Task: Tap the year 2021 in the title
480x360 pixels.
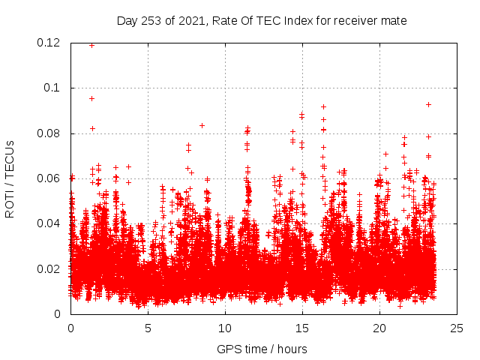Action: point(191,21)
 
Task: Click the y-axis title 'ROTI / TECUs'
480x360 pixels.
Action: point(10,178)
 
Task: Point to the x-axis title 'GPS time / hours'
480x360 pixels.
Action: point(262,349)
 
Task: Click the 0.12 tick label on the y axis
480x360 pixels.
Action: point(49,43)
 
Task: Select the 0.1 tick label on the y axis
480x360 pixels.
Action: point(53,88)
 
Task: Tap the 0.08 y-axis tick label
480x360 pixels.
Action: point(49,133)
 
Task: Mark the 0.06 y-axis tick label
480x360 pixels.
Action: point(49,178)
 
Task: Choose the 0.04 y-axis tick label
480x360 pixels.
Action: point(49,223)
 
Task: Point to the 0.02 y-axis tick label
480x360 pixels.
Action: point(49,269)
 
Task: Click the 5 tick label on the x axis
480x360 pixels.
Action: point(148,328)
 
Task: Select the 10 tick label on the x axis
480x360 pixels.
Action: point(225,328)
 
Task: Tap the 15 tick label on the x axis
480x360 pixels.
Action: point(302,328)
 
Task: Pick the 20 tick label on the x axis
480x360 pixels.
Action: point(379,328)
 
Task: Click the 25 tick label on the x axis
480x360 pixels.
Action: point(457,328)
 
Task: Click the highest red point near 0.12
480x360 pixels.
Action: point(91,45)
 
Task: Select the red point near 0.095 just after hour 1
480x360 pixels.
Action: point(91,98)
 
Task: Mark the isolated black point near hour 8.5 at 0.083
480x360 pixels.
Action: point(202,125)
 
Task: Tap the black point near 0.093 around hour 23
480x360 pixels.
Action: point(428,104)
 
